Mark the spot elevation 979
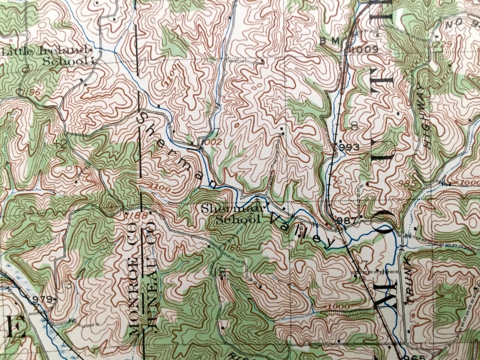click(x=41, y=299)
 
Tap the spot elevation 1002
click(x=210, y=142)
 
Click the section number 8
click(x=354, y=125)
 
